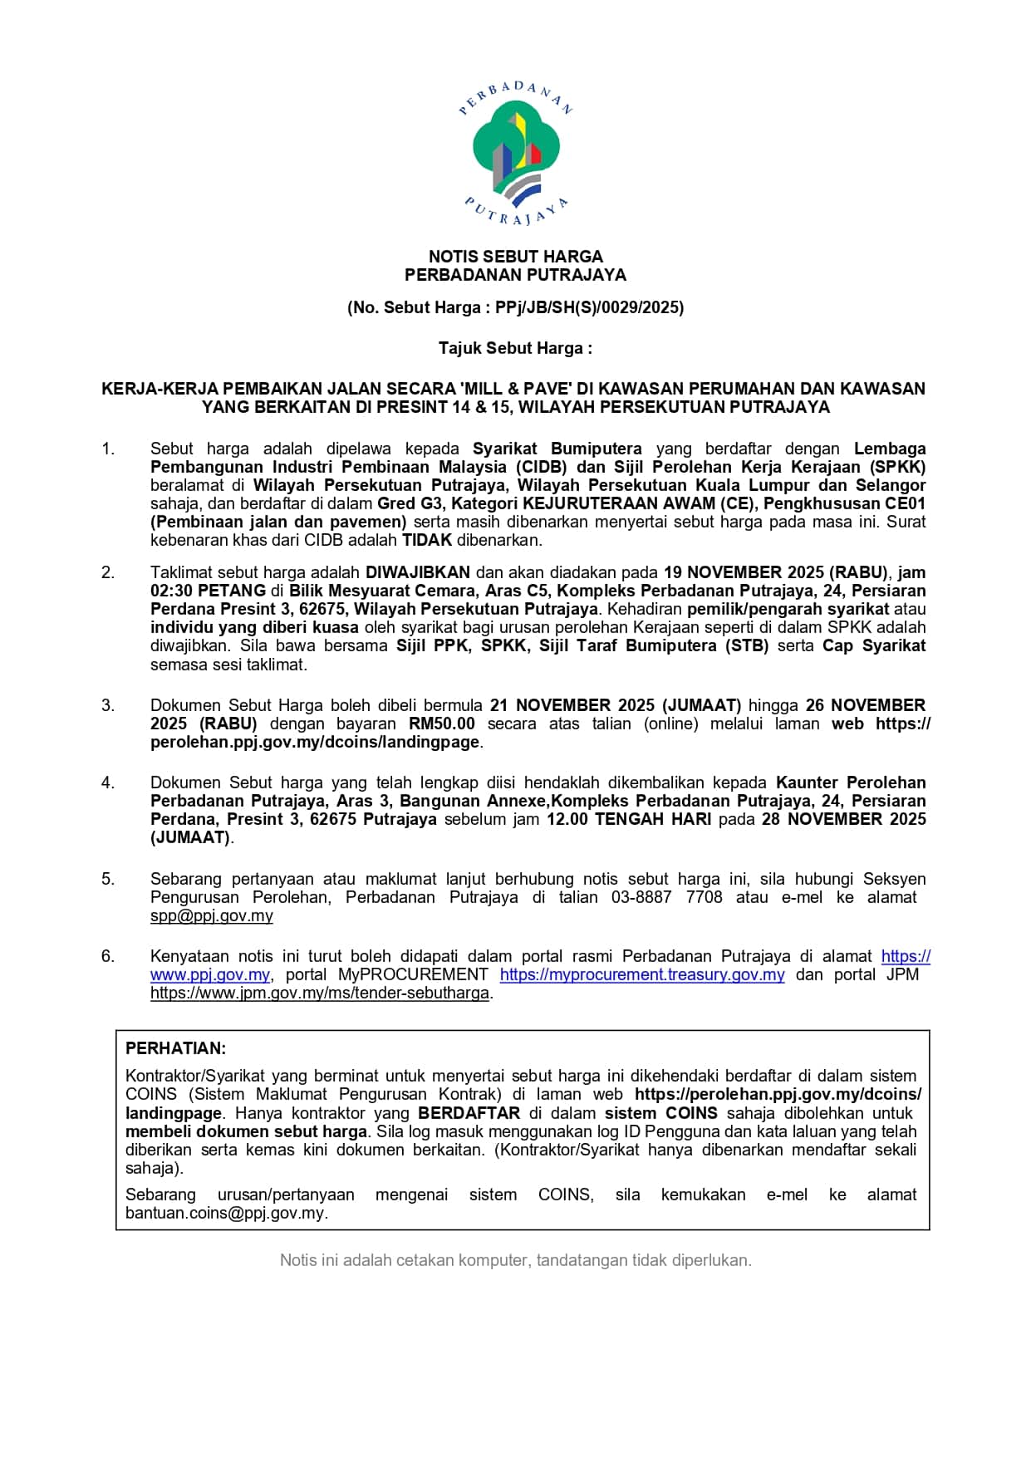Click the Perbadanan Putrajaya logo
515,155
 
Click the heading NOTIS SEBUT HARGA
515,257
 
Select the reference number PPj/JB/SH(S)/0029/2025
589,308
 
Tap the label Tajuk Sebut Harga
514,348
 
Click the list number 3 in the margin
108,705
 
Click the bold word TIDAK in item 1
427,540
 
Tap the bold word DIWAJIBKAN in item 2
418,572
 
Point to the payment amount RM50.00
442,724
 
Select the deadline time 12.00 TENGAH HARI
628,819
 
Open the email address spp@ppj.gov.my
212,915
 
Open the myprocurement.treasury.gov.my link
642,974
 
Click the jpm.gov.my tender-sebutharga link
320,993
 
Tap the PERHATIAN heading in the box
175,1048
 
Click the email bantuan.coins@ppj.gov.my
225,1213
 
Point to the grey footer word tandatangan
582,1260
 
